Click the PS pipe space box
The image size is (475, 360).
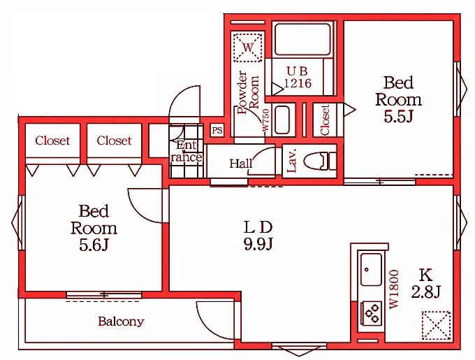click(217, 131)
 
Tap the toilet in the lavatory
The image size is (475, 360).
click(320, 161)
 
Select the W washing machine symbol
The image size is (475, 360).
click(248, 48)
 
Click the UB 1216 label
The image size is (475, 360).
click(298, 78)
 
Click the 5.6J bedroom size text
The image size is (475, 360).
click(94, 245)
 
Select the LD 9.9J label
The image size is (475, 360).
click(258, 235)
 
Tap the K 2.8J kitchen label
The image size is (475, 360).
click(425, 283)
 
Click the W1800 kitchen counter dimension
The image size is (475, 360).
click(395, 289)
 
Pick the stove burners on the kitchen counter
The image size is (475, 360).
click(372, 313)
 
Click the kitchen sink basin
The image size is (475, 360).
click(371, 269)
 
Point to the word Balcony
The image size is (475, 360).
click(121, 322)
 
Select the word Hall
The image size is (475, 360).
click(241, 164)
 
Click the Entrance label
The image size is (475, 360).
click(186, 151)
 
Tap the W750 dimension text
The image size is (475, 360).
click(265, 120)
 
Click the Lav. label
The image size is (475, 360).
click(292, 161)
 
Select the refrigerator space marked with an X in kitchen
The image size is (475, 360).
click(436, 326)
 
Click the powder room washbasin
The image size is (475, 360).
click(282, 120)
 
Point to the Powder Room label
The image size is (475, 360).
click(249, 92)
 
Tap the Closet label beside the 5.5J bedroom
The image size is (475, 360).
click(325, 120)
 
